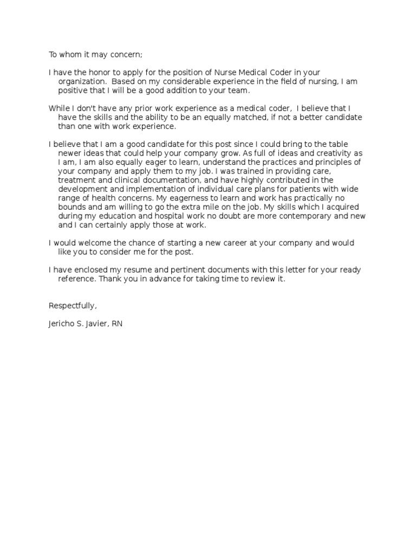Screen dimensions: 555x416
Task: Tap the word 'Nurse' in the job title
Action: point(229,73)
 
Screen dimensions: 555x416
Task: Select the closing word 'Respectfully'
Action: point(73,306)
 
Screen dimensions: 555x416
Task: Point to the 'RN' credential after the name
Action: point(118,324)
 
